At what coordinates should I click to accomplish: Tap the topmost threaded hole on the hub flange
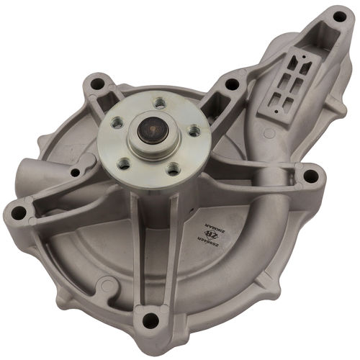click(159, 104)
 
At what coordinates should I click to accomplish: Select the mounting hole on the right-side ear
click(310, 174)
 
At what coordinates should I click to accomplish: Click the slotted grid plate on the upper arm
click(284, 84)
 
